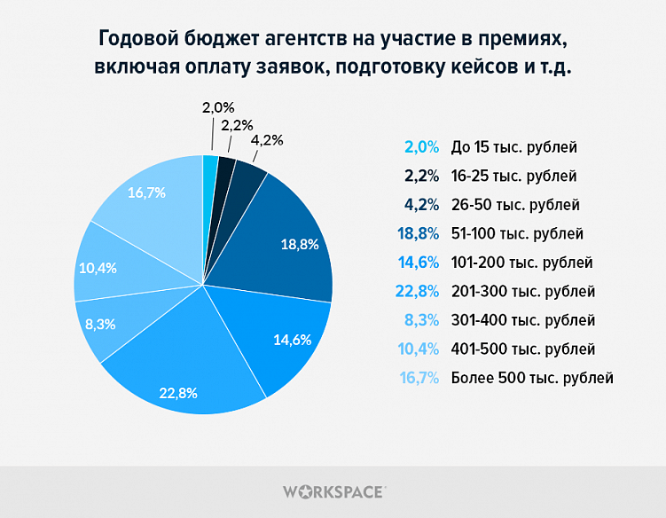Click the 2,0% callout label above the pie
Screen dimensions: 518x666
[x=218, y=108]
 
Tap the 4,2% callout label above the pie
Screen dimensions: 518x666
[x=268, y=140]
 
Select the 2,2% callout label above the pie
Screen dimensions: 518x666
[x=238, y=125]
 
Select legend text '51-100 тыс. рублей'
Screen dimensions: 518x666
[x=517, y=234]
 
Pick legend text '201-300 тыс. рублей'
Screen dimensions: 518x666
[x=522, y=292]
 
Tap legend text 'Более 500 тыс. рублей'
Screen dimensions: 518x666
[x=532, y=378]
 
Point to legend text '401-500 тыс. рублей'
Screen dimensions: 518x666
[x=522, y=349]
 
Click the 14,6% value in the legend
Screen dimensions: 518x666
[x=420, y=263]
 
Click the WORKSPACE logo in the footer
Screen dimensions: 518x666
[x=333, y=491]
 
